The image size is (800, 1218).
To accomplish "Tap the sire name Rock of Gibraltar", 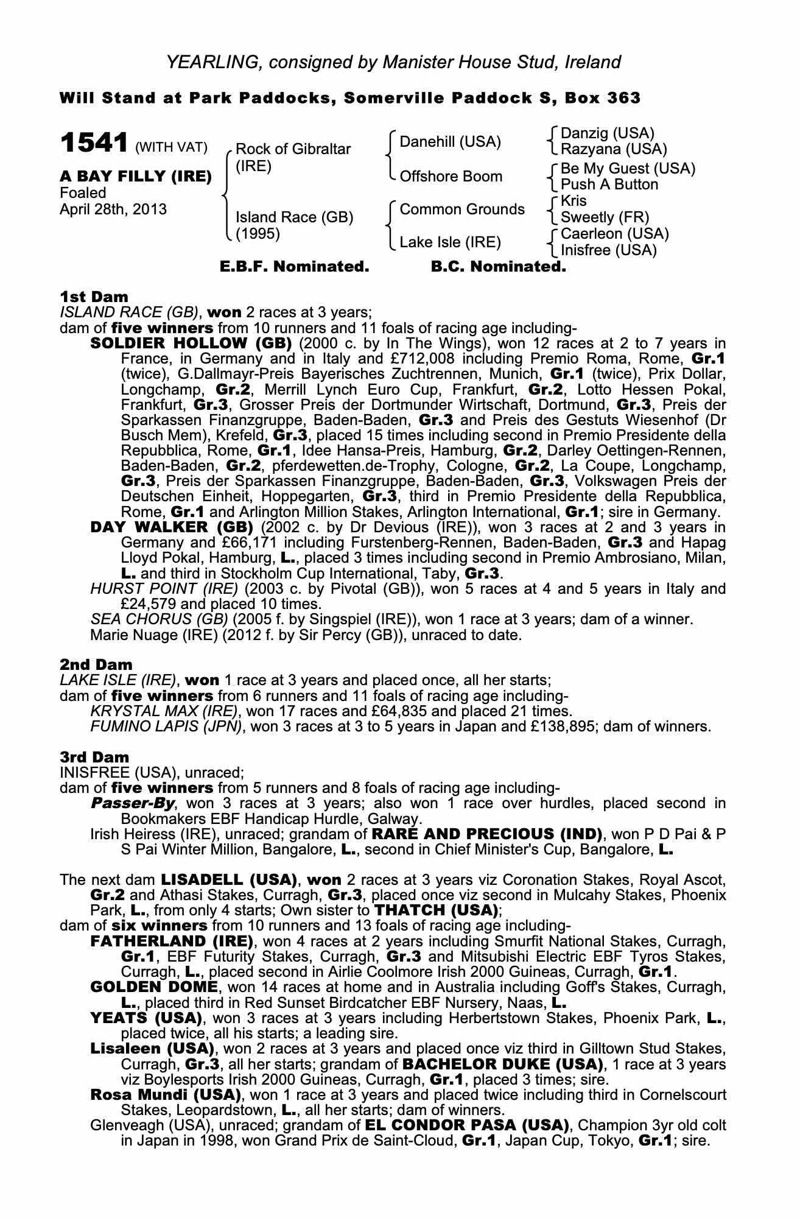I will (293, 149).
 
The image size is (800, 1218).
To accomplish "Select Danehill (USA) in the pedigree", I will (450, 142).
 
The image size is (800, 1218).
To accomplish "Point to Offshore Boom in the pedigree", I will (451, 177).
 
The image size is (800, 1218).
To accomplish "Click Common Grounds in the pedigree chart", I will (461, 209).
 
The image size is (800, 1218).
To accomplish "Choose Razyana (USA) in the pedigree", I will (613, 149).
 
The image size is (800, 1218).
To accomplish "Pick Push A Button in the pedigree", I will (609, 185).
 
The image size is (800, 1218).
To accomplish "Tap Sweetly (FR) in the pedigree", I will (604, 217).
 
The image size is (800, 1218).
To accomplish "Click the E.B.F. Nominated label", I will (294, 267).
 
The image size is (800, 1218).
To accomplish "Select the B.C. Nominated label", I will (498, 267).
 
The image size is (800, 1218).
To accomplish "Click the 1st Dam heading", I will (94, 297).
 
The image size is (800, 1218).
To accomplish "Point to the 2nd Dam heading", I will (96, 664).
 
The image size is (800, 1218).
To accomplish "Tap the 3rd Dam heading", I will (94, 757).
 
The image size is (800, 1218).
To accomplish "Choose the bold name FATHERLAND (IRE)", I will (171, 941).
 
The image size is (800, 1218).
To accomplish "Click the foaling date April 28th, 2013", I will (113, 209).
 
